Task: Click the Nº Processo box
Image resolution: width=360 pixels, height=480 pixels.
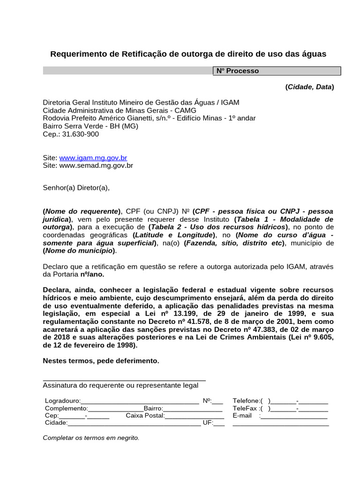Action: coord(277,71)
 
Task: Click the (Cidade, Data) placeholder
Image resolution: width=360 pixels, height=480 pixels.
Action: coord(309,87)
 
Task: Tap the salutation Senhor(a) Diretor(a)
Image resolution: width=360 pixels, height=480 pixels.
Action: coord(76,188)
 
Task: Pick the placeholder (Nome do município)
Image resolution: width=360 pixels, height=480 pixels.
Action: coord(79,251)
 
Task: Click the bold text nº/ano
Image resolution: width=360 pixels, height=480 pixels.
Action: coord(92,274)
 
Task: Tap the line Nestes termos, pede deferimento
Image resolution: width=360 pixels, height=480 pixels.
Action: coord(101,361)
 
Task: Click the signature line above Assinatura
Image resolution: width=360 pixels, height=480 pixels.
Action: coord(124,379)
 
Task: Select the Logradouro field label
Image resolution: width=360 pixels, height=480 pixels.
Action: coord(62,401)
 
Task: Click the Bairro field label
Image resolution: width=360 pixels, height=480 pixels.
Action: coord(153,408)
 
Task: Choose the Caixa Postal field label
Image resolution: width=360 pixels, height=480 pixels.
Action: coord(145,416)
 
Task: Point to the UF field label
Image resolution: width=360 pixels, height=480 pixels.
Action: coord(207,423)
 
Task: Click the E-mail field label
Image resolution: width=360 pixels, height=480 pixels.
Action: coord(242,416)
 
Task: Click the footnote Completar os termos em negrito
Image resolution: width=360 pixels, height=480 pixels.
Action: coord(91,438)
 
